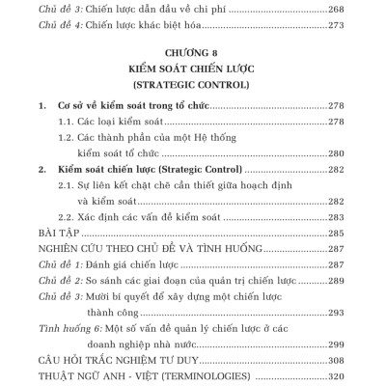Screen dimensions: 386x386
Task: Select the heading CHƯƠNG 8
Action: tap(193, 55)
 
